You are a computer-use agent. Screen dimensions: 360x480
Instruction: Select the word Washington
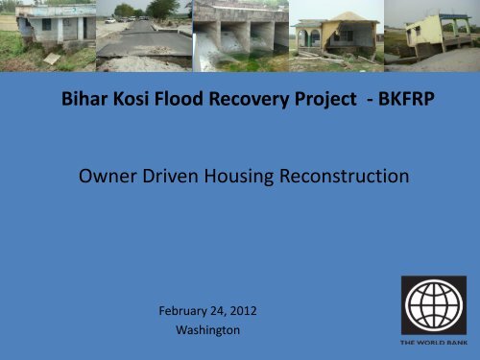coord(208,329)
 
